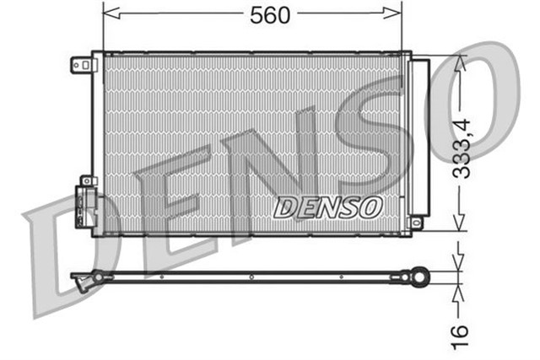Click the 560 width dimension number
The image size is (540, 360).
tap(270, 14)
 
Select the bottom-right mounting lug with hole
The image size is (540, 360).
tap(415, 222)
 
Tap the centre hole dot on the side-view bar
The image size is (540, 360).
tap(251, 275)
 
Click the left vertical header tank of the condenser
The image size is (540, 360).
tap(98, 143)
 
